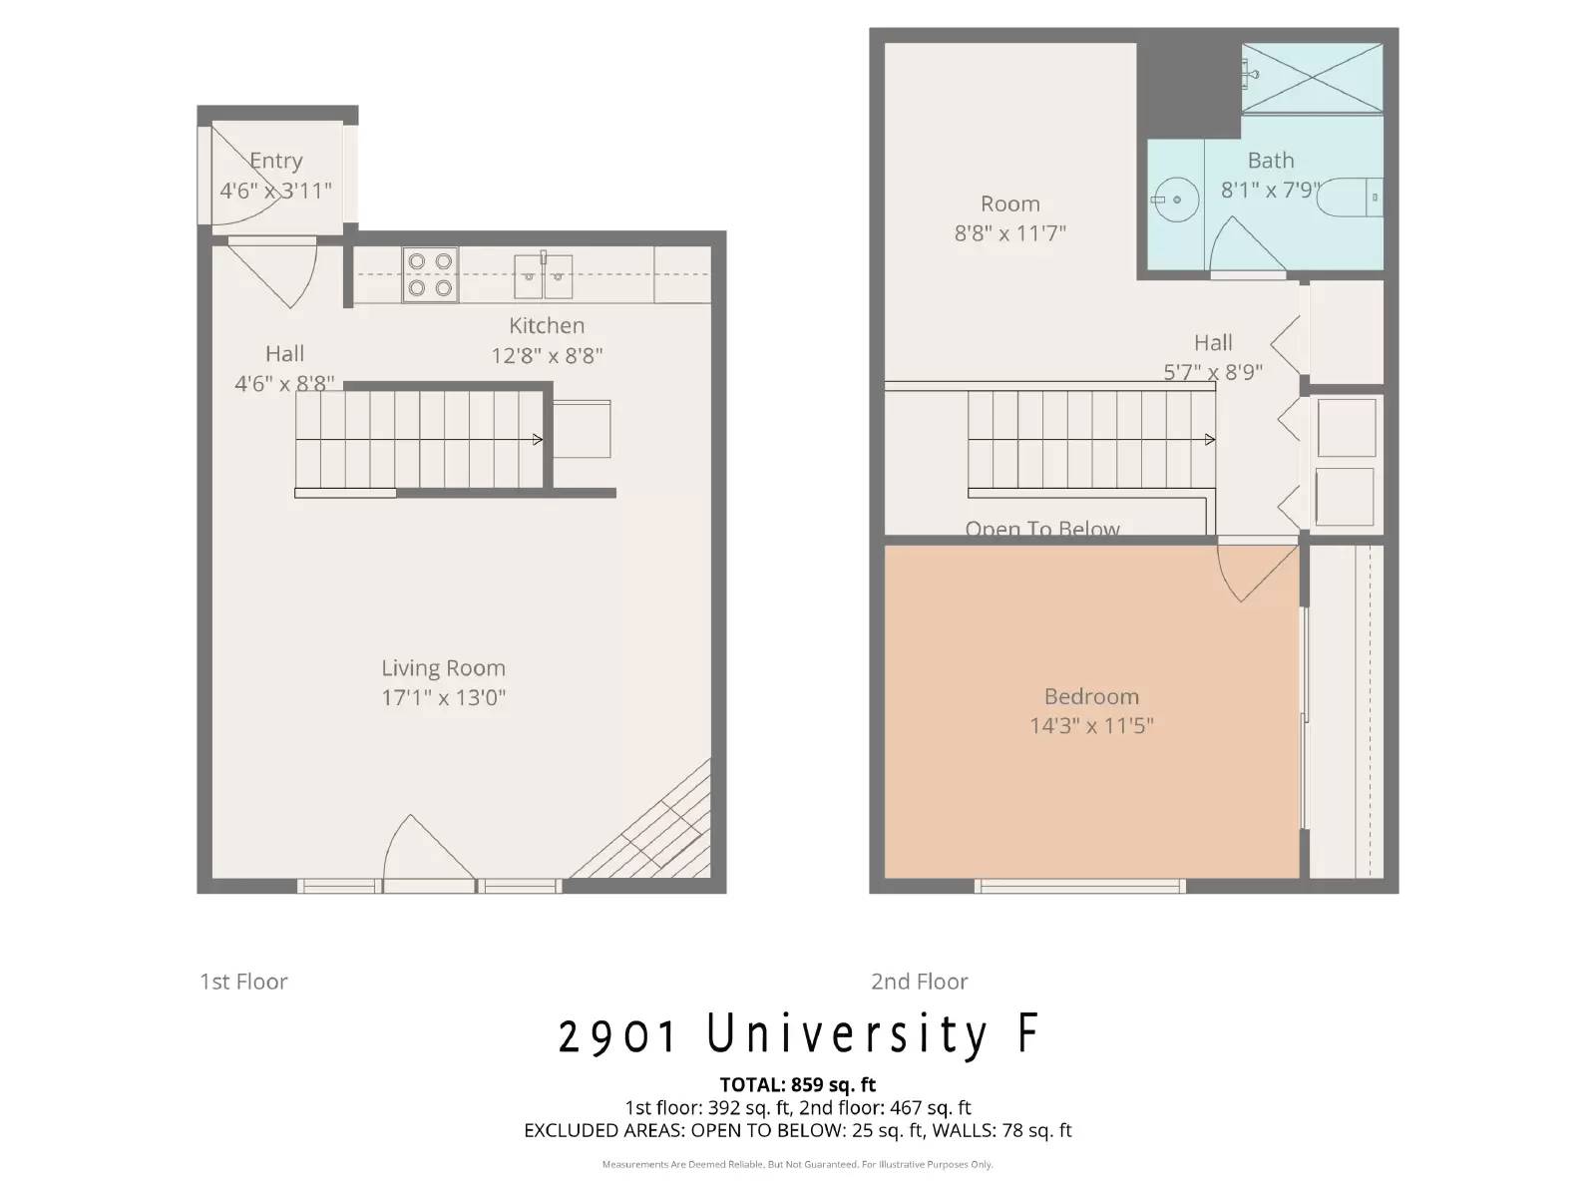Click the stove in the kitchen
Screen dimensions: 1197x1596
pyautogui.click(x=430, y=274)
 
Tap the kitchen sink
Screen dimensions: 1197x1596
pyautogui.click(x=544, y=276)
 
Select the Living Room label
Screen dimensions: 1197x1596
pyautogui.click(x=443, y=668)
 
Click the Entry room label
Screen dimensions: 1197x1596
pyautogui.click(x=276, y=161)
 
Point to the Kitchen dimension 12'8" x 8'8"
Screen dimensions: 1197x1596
pyautogui.click(x=547, y=355)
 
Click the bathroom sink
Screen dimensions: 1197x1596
pyautogui.click(x=1175, y=199)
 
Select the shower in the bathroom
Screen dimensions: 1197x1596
pyautogui.click(x=1312, y=78)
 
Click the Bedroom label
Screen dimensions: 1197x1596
pyautogui.click(x=1091, y=696)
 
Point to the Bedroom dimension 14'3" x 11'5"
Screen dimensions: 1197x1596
pyautogui.click(x=1091, y=725)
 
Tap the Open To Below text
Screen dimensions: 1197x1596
pyautogui.click(x=1042, y=529)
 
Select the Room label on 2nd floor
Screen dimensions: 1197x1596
pyautogui.click(x=1009, y=203)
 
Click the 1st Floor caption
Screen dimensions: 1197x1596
pyautogui.click(x=243, y=982)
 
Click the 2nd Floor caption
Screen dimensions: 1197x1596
pyautogui.click(x=919, y=982)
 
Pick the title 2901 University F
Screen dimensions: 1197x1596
pyautogui.click(x=798, y=1034)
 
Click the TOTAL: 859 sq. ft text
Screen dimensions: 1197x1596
pyautogui.click(x=798, y=1084)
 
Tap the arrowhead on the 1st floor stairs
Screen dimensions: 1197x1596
pyautogui.click(x=538, y=439)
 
